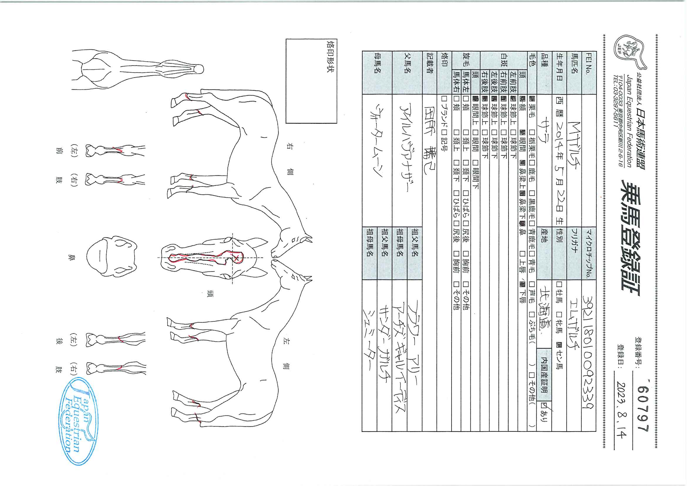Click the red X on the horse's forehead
point(236,258)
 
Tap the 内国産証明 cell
point(544,374)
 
